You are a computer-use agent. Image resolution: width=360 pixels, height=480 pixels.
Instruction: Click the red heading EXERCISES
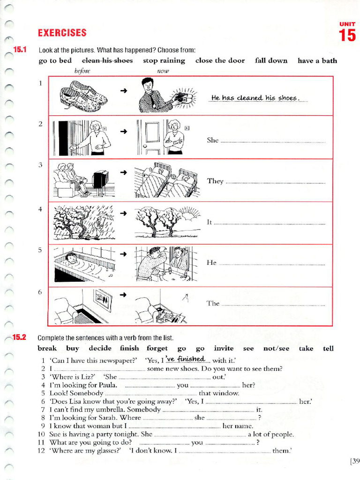(62, 33)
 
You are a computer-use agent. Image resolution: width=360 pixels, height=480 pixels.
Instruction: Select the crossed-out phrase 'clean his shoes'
(107, 60)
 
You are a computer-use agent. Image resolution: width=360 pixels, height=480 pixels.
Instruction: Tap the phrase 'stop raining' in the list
(164, 60)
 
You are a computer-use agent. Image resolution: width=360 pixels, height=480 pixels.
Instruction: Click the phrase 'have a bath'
(317, 60)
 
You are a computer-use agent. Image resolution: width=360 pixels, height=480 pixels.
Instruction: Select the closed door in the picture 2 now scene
(152, 136)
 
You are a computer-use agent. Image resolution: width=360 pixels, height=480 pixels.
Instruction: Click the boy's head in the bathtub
(71, 257)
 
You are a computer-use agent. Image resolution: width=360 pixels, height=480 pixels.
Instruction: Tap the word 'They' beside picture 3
(215, 181)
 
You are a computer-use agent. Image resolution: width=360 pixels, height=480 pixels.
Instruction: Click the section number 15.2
(20, 337)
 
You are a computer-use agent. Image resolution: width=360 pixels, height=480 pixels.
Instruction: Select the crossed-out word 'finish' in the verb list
(129, 348)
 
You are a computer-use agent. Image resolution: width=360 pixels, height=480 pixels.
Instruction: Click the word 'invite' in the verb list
(223, 348)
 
